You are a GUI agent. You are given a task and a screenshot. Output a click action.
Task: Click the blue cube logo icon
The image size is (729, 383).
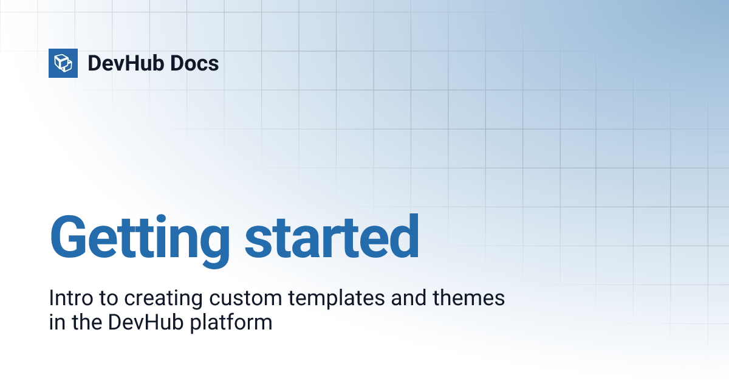click(x=63, y=63)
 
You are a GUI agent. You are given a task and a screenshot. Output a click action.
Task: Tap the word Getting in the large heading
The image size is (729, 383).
click(x=140, y=238)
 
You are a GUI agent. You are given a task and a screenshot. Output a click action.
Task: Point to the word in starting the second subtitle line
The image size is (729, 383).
click(x=55, y=322)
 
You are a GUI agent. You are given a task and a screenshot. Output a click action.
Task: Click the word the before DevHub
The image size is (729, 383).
click(x=85, y=322)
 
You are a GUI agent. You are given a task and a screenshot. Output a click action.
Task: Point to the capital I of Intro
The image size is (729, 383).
click(x=52, y=298)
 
